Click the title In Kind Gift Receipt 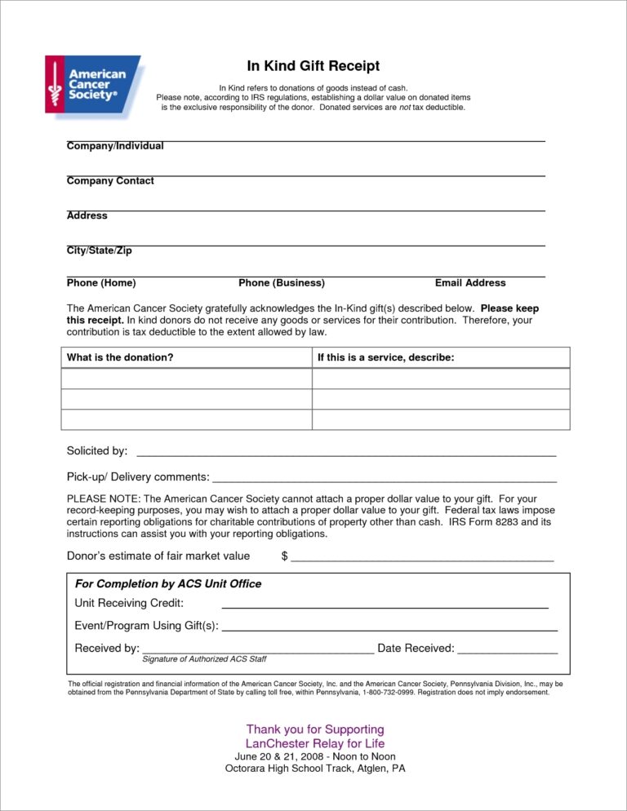click(313, 66)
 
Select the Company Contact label click(110, 181)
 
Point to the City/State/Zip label click(99, 250)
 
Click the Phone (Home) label click(101, 283)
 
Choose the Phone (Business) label click(282, 283)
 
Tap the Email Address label click(470, 283)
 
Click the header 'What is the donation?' click(120, 357)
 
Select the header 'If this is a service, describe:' click(385, 357)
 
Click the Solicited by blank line click(346, 453)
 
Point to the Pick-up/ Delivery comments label click(138, 476)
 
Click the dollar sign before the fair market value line click(284, 556)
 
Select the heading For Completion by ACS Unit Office click(168, 584)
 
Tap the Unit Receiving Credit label click(129, 603)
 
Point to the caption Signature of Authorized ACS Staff click(204, 659)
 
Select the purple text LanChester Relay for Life click(315, 744)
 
